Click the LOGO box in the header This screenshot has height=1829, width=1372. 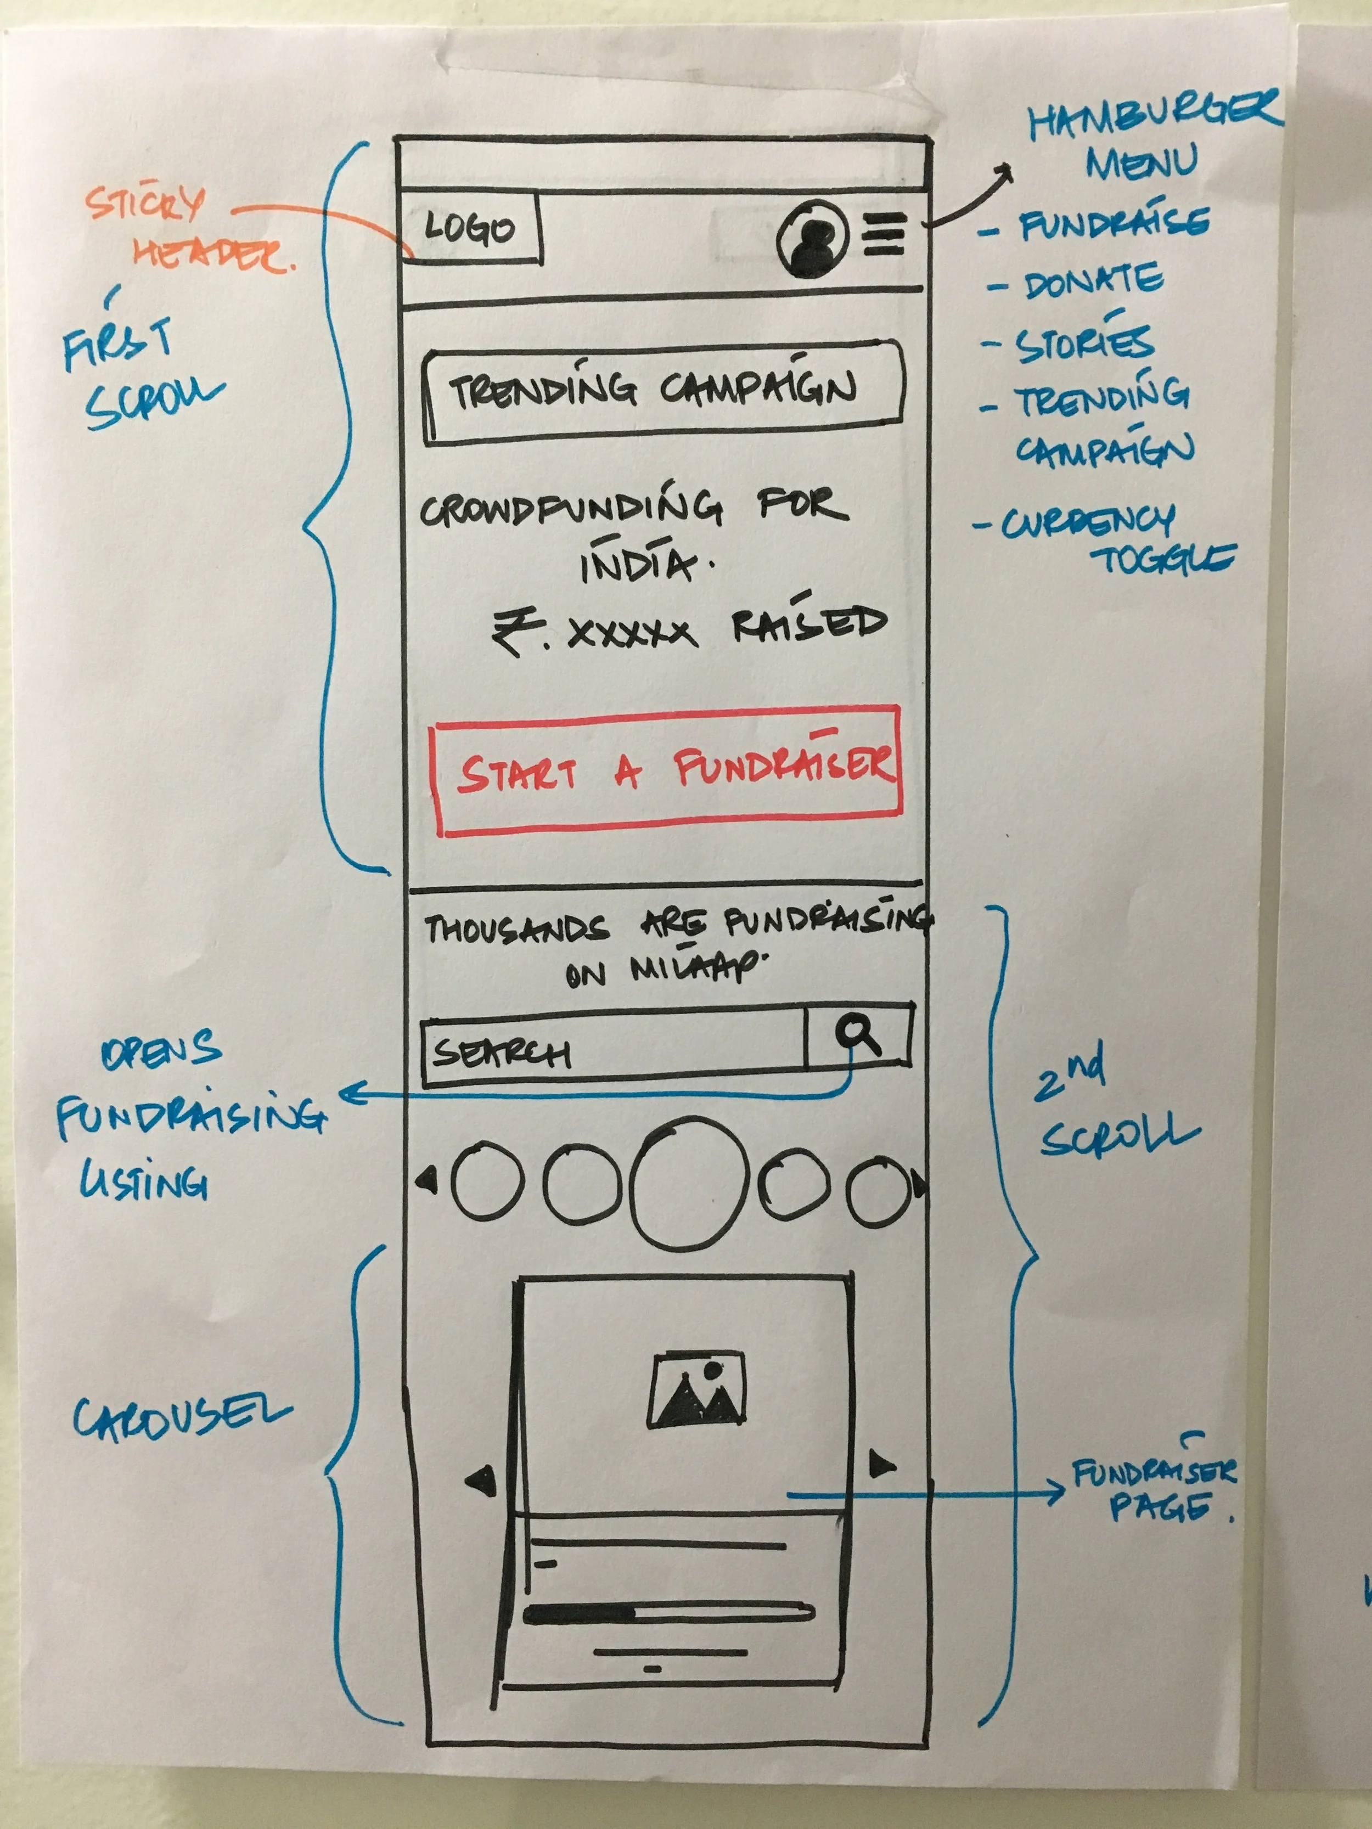click(x=470, y=228)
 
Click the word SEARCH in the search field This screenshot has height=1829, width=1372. click(x=501, y=1053)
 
